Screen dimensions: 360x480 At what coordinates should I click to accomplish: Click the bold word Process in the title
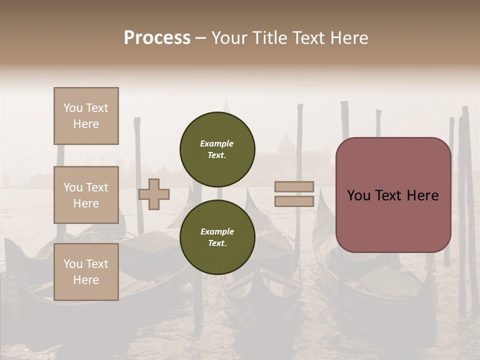(157, 38)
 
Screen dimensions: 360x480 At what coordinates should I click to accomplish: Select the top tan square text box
(86, 116)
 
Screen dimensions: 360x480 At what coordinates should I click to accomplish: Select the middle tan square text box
(86, 195)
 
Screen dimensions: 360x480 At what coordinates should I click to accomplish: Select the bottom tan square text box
(86, 272)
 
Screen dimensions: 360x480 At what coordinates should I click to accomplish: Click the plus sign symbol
(154, 194)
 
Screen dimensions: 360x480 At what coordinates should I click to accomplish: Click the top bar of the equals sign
(294, 187)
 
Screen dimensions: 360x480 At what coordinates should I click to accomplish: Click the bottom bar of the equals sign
(294, 201)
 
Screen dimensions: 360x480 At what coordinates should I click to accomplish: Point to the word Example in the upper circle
(217, 143)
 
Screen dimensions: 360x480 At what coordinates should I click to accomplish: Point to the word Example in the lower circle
(217, 231)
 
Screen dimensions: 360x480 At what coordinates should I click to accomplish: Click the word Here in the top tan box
(86, 124)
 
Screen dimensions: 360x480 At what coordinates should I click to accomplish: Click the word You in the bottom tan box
(73, 264)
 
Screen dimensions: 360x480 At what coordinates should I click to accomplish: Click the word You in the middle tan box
(73, 187)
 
